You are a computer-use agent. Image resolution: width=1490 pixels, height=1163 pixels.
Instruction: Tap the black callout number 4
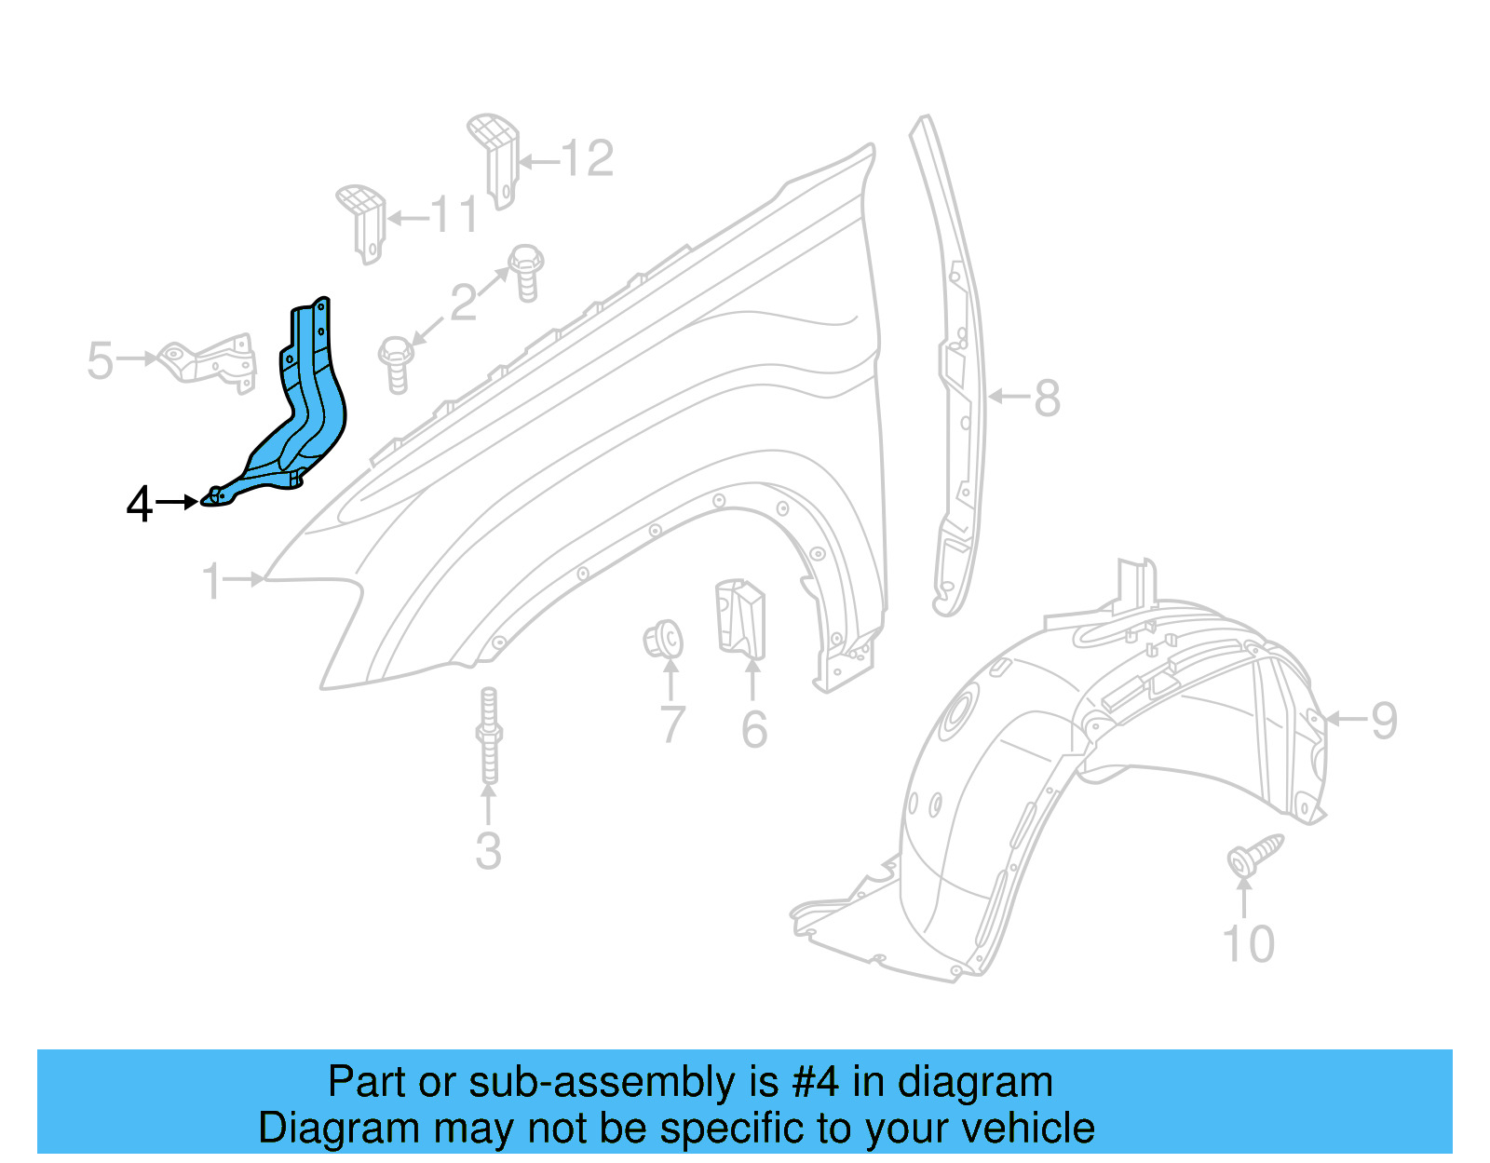click(139, 505)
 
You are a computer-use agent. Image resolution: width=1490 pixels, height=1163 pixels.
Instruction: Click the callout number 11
click(455, 216)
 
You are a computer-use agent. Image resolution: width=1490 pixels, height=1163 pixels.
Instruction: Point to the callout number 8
click(1048, 399)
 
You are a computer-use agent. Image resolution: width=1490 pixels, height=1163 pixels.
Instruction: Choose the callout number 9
click(1385, 721)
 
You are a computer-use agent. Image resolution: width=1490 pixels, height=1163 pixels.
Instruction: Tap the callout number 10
click(1248, 944)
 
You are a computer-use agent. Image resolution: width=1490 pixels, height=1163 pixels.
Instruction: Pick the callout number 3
click(488, 851)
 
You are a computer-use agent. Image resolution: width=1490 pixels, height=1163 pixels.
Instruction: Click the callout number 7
click(672, 725)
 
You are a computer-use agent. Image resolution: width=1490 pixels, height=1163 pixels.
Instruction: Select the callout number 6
click(754, 729)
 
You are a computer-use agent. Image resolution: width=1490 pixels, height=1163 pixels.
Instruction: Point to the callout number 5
click(100, 360)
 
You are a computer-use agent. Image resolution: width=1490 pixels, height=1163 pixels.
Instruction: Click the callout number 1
click(212, 581)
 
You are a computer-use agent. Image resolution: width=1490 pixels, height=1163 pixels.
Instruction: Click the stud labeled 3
click(489, 736)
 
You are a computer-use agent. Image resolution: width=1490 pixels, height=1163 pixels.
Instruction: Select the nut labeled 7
click(663, 640)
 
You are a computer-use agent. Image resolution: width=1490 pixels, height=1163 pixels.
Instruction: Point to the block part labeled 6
click(739, 616)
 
